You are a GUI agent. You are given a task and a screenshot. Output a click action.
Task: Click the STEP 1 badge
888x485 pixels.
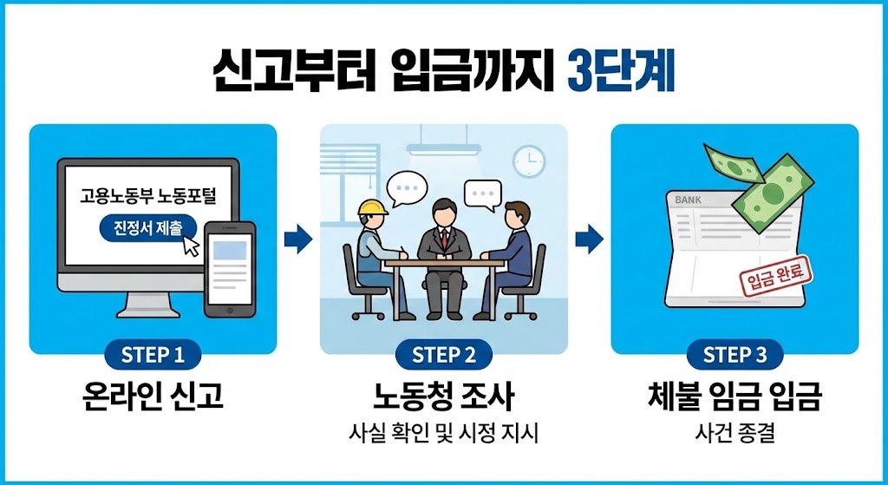153,355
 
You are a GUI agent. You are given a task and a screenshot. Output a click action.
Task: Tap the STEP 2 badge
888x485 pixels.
444,355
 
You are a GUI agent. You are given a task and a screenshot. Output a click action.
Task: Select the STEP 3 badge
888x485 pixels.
735,355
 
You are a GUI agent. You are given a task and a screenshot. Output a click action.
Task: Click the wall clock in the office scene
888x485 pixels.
528,161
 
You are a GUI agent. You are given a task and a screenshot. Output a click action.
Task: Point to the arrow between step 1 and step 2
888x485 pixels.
297,238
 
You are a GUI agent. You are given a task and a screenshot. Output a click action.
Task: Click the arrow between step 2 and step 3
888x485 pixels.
589,238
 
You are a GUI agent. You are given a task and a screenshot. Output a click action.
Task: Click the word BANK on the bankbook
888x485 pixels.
688,200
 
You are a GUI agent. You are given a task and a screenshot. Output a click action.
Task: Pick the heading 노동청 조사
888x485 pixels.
443,397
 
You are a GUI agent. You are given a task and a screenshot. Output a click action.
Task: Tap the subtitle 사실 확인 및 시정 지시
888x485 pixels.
443,432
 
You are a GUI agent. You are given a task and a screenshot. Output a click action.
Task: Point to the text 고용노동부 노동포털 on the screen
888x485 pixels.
149,197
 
